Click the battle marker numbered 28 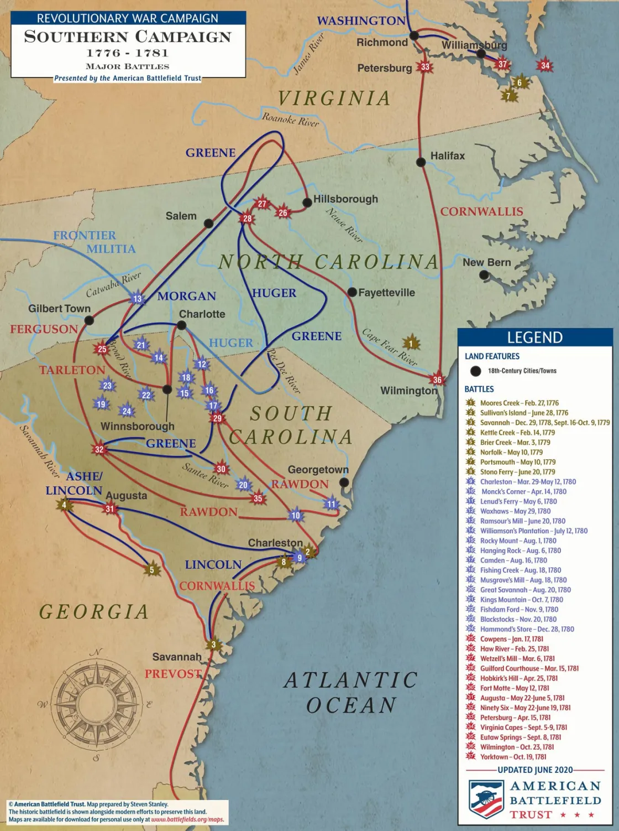pos(247,218)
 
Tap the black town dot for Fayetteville pos(352,292)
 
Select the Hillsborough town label pos(345,199)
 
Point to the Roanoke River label pos(290,119)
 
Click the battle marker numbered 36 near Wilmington pos(437,380)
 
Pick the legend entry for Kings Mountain pos(521,600)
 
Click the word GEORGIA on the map pos(94,612)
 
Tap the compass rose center pos(97,704)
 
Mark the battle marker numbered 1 pos(411,343)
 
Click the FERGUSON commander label pos(44,329)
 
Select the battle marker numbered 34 pos(545,65)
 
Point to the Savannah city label pos(177,657)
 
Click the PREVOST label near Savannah pos(173,674)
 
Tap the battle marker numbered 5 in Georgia pos(152,570)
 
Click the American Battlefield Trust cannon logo pos(486,798)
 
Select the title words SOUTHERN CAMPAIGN pos(128,37)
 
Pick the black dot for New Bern pos(484,275)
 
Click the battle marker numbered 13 pos(137,299)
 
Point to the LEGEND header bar pos(534,337)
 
